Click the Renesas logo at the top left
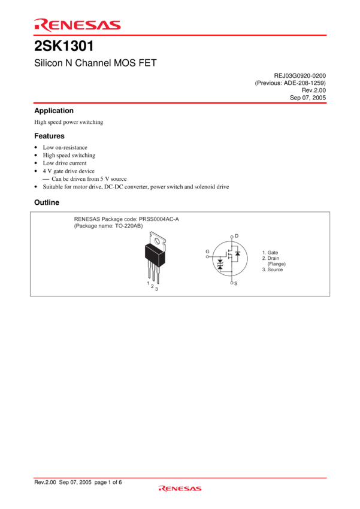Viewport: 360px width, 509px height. tap(77, 25)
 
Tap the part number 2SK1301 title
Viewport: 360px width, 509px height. tap(64, 46)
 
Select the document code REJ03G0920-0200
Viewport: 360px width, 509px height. tap(300, 75)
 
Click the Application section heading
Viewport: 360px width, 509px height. tap(54, 111)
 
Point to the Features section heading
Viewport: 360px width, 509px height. tap(49, 136)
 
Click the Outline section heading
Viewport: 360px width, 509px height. tap(47, 202)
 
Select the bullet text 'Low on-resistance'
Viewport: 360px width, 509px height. tap(65, 147)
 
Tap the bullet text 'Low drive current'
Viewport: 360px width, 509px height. tap(65, 163)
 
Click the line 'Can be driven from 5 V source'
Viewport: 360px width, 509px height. tap(89, 179)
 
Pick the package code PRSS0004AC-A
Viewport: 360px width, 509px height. tap(159, 219)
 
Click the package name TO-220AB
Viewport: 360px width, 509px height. tap(128, 226)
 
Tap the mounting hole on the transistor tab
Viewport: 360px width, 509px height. tap(158, 241)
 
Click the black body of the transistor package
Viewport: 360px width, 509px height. tap(155, 254)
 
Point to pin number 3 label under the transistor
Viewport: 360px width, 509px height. tap(156, 289)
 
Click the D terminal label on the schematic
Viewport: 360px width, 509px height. tap(237, 236)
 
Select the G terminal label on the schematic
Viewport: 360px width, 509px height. tap(207, 252)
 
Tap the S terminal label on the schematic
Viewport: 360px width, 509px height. tap(235, 283)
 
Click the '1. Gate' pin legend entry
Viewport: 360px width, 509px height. tap(270, 253)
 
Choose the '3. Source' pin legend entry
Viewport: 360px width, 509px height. tap(273, 269)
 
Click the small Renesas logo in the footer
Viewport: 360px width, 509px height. tap(180, 489)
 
